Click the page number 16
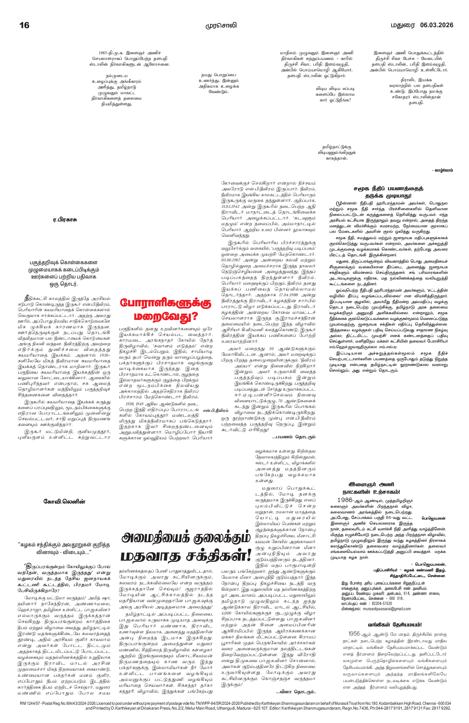(x=24, y=25)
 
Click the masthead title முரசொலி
(x=221, y=25)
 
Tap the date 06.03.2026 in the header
(x=437, y=25)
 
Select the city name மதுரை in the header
(x=402, y=25)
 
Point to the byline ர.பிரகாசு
(x=65, y=220)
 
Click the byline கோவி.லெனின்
(x=64, y=502)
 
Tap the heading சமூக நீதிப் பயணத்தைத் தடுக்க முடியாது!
(x=388, y=192)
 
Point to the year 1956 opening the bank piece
(x=354, y=634)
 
